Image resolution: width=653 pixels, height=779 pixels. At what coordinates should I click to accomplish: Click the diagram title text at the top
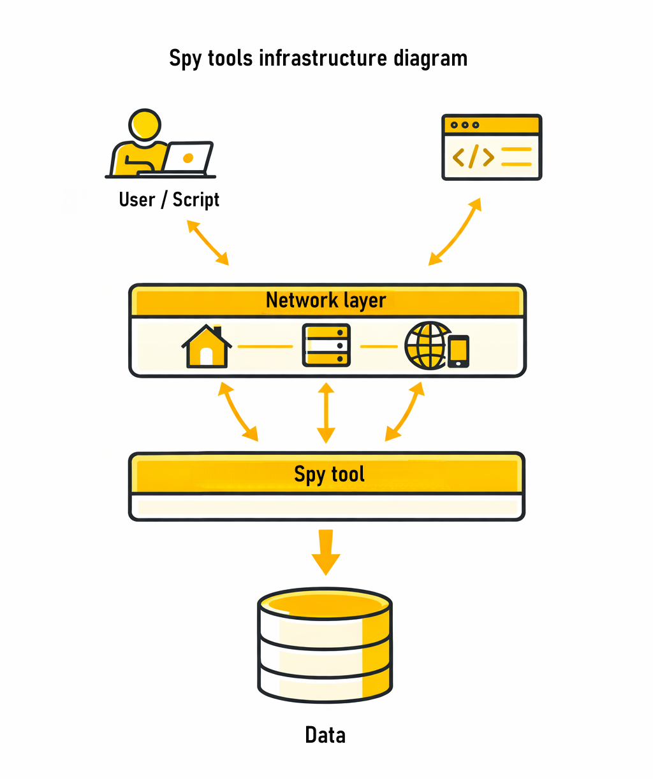pyautogui.click(x=318, y=59)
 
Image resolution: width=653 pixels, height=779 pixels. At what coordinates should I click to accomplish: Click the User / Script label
pyautogui.click(x=169, y=200)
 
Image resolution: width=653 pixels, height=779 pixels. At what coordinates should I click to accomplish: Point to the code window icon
pyautogui.click(x=492, y=147)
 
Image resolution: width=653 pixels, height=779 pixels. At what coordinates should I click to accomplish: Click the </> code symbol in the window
pyautogui.click(x=473, y=157)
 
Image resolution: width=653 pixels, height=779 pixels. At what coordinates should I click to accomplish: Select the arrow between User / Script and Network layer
pyautogui.click(x=207, y=243)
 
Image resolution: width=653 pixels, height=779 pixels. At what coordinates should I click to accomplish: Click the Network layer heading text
pyautogui.click(x=326, y=300)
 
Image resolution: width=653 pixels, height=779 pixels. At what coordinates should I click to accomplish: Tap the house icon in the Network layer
pyautogui.click(x=206, y=347)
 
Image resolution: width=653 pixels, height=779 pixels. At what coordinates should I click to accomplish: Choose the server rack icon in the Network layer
pyautogui.click(x=326, y=346)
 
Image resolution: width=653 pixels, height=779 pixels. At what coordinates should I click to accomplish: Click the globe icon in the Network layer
pyautogui.click(x=426, y=345)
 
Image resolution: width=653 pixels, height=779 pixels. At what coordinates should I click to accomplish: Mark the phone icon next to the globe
pyautogui.click(x=459, y=352)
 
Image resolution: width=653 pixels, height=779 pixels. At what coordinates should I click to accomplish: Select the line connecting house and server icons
pyautogui.click(x=265, y=347)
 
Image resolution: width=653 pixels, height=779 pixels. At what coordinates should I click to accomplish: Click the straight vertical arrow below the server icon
pyautogui.click(x=326, y=413)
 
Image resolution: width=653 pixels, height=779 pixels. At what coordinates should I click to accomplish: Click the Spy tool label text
pyautogui.click(x=329, y=475)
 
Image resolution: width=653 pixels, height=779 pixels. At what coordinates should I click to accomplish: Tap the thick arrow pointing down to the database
pyautogui.click(x=326, y=552)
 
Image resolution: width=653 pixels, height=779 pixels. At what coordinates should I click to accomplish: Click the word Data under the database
pyautogui.click(x=325, y=735)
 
